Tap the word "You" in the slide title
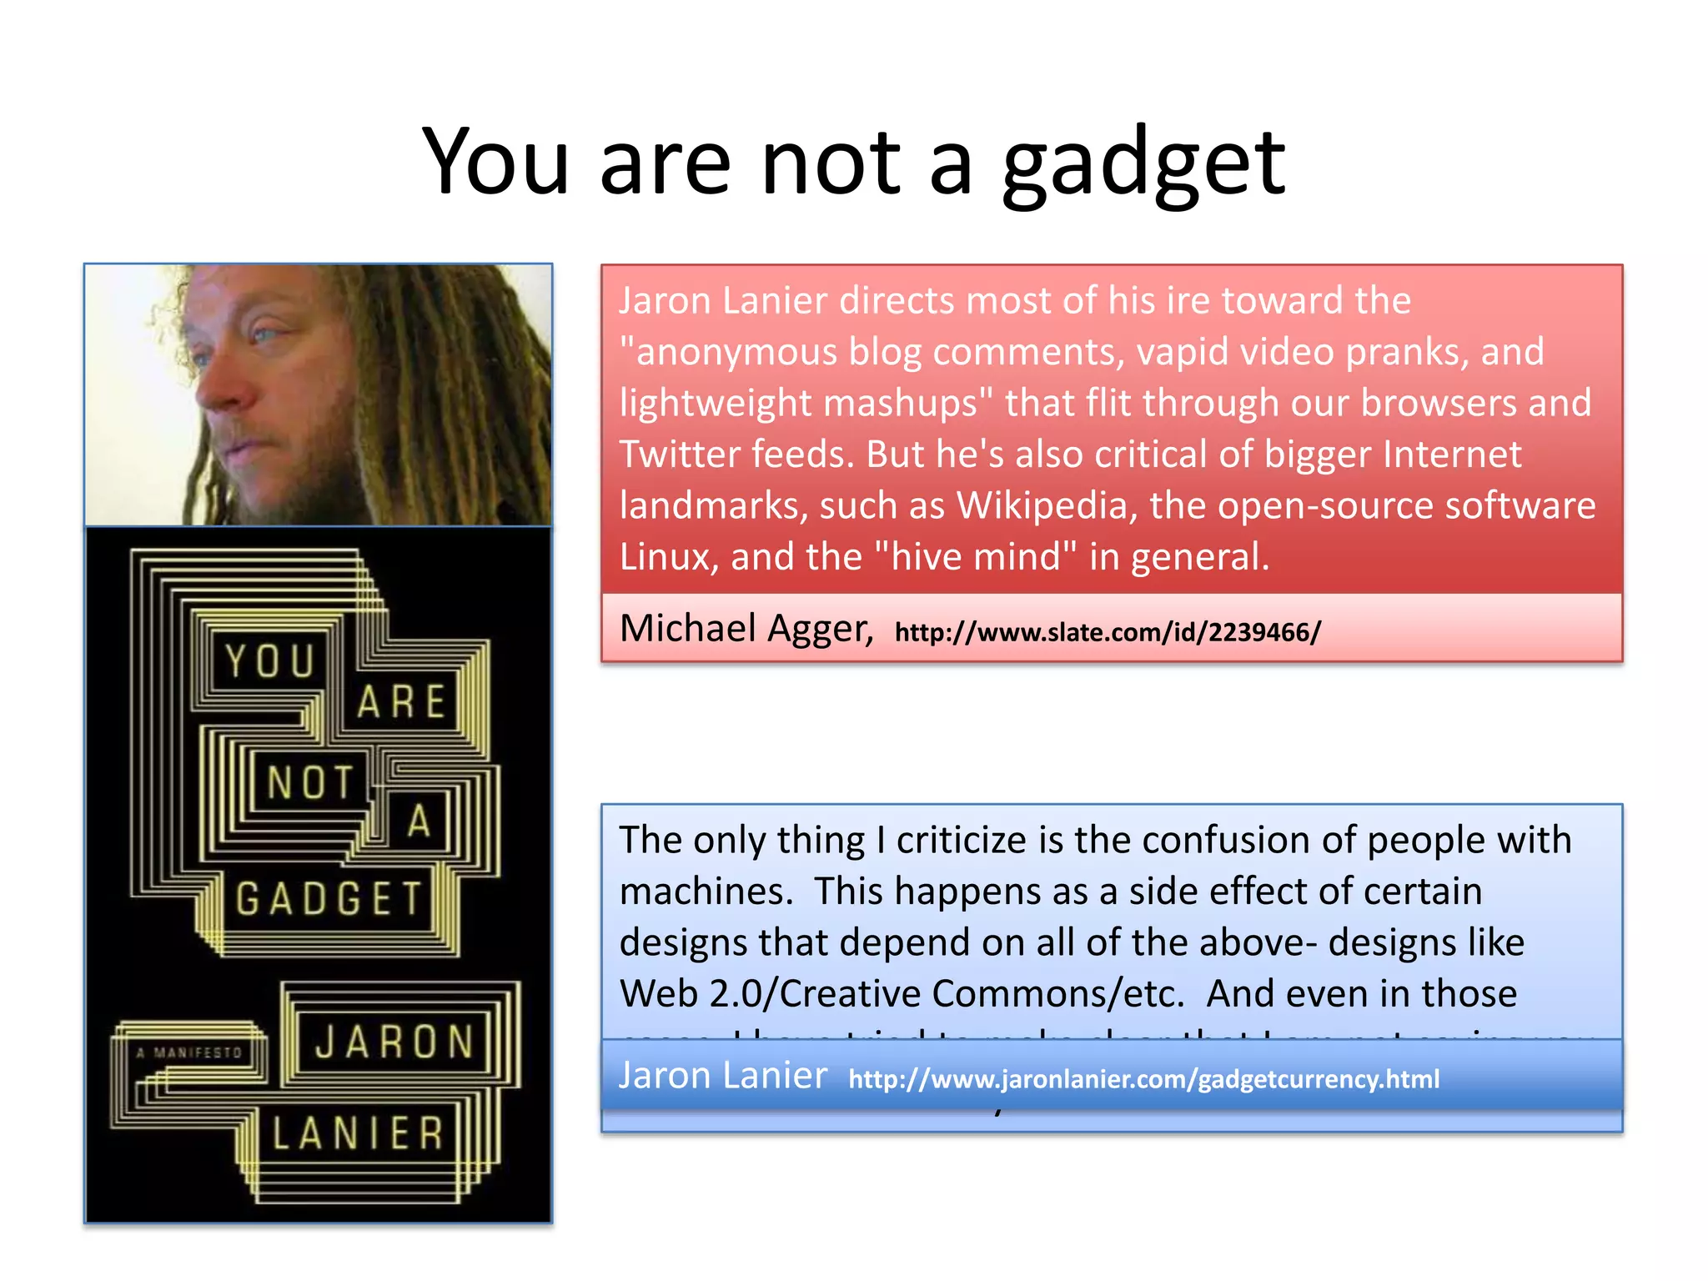pyautogui.click(x=495, y=162)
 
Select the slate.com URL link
pyautogui.click(x=1108, y=632)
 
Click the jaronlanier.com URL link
pyautogui.click(x=1143, y=1079)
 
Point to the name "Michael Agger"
pyautogui.click(x=746, y=629)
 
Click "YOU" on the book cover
pyautogui.click(x=269, y=661)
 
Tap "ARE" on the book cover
pyautogui.click(x=401, y=701)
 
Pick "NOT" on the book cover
pyautogui.click(x=310, y=783)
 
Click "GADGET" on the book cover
pyautogui.click(x=329, y=899)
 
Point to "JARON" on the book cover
pyautogui.click(x=394, y=1042)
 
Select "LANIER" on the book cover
pyautogui.click(x=358, y=1133)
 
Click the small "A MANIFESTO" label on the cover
pyautogui.click(x=189, y=1053)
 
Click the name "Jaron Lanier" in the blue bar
pyautogui.click(x=723, y=1076)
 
